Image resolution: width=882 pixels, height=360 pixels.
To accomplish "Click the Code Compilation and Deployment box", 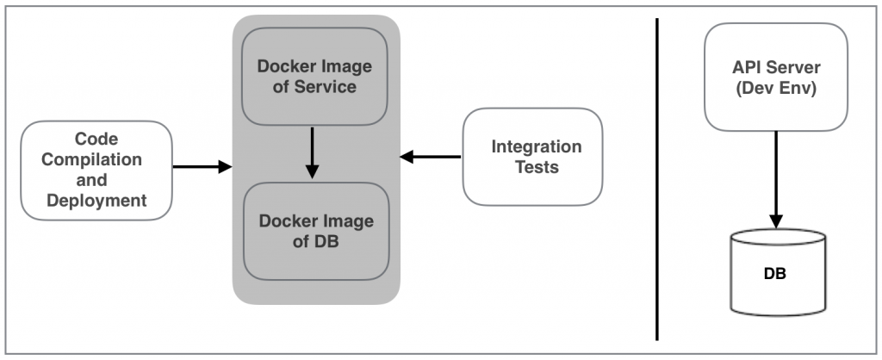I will pos(96,170).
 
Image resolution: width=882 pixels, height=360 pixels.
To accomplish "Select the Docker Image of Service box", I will pos(314,77).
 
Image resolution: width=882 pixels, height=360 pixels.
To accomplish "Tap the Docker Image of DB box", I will pos(316,231).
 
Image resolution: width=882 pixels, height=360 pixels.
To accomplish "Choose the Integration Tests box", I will pos(531,157).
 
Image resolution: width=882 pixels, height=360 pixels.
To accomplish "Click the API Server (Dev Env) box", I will pos(776,77).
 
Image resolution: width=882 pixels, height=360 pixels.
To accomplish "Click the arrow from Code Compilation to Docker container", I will pos(203,166).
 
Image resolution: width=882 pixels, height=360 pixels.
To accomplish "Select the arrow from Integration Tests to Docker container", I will pos(431,157).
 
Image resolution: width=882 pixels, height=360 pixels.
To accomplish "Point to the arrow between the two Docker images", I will pos(312,153).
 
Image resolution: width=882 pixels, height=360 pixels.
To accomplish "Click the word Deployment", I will pos(96,201).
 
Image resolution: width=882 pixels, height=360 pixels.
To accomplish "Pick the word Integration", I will pos(537,146).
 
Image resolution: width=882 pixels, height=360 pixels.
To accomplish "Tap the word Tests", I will pos(537,167).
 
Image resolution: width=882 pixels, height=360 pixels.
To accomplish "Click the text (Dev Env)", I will pos(775,87).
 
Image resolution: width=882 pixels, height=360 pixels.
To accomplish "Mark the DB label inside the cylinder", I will pos(774,275).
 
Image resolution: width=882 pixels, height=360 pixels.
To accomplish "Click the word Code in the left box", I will pos(96,139).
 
